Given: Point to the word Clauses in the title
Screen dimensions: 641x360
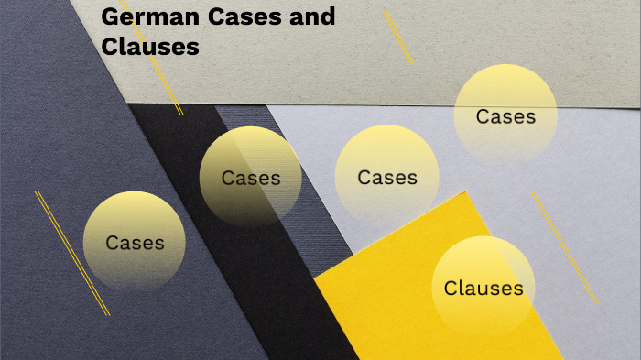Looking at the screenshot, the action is [x=150, y=46].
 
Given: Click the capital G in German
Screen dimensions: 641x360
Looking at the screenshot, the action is [x=110, y=16].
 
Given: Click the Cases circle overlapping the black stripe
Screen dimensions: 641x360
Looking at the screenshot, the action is [x=250, y=176].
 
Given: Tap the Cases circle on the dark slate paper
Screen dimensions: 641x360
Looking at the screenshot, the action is [x=135, y=242].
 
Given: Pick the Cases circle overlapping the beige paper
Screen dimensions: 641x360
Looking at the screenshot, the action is [x=505, y=115].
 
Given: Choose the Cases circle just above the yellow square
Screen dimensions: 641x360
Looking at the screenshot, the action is [x=386, y=176].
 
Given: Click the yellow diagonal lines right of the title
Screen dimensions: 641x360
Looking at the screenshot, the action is [x=397, y=36].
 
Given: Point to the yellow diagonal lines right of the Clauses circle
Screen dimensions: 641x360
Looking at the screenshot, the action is [x=564, y=247].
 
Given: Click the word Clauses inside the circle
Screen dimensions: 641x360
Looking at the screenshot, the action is [x=483, y=289].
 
